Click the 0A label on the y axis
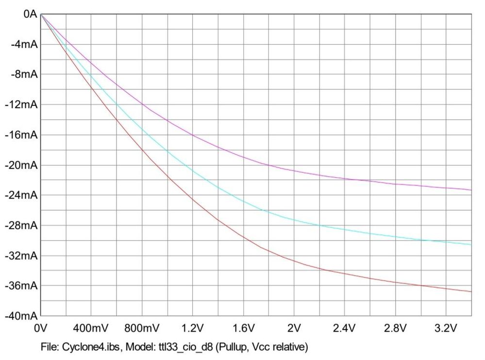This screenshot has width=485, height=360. pyautogui.click(x=30, y=14)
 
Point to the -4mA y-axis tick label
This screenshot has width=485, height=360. pyautogui.click(x=24, y=44)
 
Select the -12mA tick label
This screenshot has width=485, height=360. pyautogui.click(x=21, y=104)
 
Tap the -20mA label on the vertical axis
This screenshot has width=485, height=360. pyautogui.click(x=21, y=165)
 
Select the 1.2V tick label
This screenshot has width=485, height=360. pyautogui.click(x=193, y=328)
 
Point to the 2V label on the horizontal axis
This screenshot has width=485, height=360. pyautogui.click(x=294, y=328)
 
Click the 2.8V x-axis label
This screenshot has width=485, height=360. pyautogui.click(x=395, y=328)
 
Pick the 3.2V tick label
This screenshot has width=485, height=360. pyautogui.click(x=446, y=328)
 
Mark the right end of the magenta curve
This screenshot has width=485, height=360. pyautogui.click(x=471, y=190)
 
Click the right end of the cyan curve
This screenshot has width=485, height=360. pyautogui.click(x=471, y=244)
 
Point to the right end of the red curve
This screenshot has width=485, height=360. pyautogui.click(x=471, y=291)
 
